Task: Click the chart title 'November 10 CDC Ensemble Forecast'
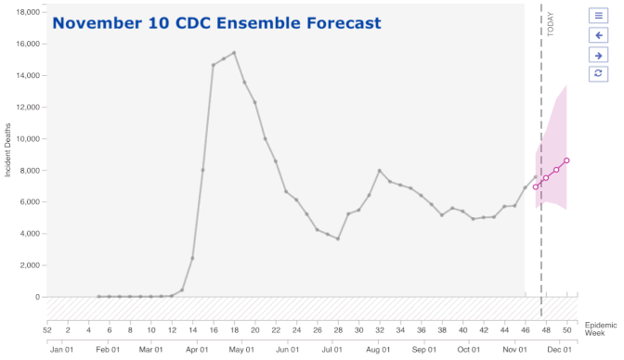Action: (216, 23)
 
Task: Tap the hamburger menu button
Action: (598, 16)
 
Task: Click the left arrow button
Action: (598, 35)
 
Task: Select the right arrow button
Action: (598, 56)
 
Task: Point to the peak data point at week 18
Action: (234, 53)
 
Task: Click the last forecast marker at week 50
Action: (566, 161)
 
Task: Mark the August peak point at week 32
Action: (380, 171)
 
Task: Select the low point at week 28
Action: (338, 238)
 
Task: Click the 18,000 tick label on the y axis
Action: (28, 12)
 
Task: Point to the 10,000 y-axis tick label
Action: (28, 139)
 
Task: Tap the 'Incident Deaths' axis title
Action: (7, 150)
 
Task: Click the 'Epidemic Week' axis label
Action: (601, 329)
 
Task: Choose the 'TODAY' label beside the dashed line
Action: (551, 24)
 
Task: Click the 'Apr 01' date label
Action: (197, 350)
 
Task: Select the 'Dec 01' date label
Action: (560, 350)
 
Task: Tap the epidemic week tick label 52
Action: (47, 330)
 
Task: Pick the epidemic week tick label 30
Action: (359, 330)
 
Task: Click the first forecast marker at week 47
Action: (536, 187)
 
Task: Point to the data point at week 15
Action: (203, 170)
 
